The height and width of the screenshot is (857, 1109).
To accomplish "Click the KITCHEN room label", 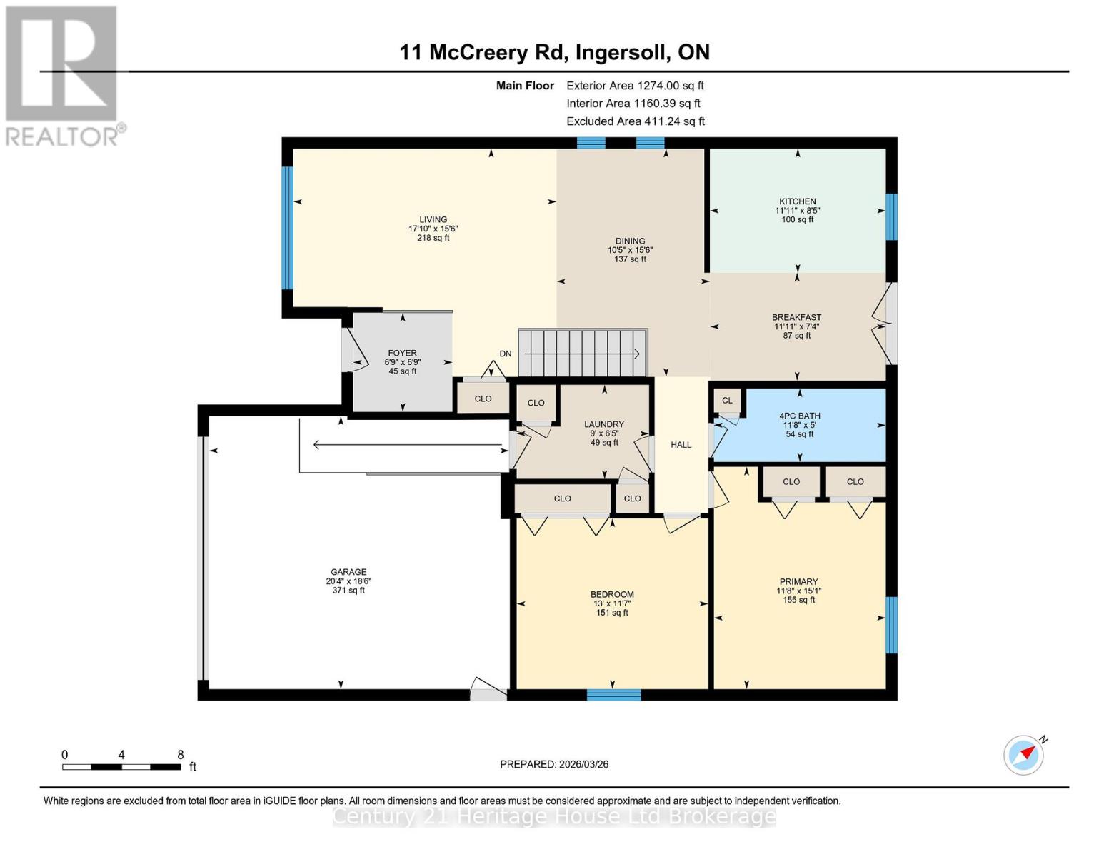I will (x=797, y=201).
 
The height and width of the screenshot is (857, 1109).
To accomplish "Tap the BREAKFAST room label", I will (x=796, y=317).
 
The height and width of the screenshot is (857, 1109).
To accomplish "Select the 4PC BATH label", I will (x=799, y=416).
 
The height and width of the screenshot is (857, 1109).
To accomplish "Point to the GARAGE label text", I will (x=348, y=572).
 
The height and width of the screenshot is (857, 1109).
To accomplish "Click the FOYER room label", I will (x=402, y=353).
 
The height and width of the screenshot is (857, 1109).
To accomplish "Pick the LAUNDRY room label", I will (x=603, y=424).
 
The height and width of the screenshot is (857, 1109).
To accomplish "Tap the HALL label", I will (x=681, y=445).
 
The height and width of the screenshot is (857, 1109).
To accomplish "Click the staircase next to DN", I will (x=582, y=353).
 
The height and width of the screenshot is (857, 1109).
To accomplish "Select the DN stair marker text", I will (x=506, y=354).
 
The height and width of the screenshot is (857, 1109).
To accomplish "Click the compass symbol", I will (x=1023, y=755).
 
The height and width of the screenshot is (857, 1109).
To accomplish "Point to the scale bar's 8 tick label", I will (x=181, y=755).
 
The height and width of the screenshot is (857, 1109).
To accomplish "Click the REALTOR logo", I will (x=63, y=75).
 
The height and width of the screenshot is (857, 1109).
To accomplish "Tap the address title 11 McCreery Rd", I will (x=554, y=52).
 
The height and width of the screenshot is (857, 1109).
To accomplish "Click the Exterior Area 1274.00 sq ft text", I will (x=635, y=85).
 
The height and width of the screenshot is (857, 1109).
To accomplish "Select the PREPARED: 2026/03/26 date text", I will (x=554, y=764).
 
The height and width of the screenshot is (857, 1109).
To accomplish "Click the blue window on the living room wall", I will (x=287, y=228).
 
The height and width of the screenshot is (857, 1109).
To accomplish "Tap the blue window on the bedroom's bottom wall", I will (x=613, y=694).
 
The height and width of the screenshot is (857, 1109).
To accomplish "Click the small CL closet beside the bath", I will (x=727, y=401).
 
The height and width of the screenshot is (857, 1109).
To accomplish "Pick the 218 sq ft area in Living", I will (x=433, y=238).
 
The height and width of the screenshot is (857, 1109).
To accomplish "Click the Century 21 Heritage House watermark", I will (x=554, y=816).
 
